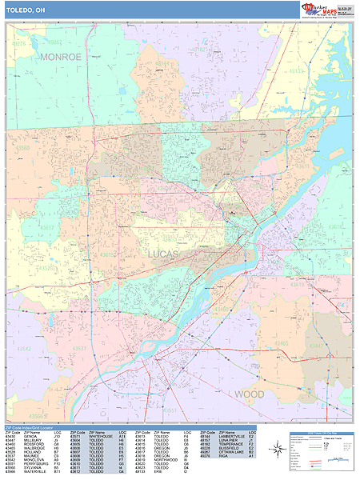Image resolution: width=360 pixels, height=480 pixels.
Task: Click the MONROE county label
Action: pyautogui.click(x=61, y=58)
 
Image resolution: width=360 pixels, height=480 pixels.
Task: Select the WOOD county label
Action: pyautogui.click(x=249, y=394)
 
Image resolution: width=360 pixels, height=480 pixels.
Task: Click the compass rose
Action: pyautogui.click(x=277, y=451)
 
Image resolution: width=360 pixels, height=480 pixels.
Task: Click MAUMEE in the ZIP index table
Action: pyautogui.click(x=30, y=455)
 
